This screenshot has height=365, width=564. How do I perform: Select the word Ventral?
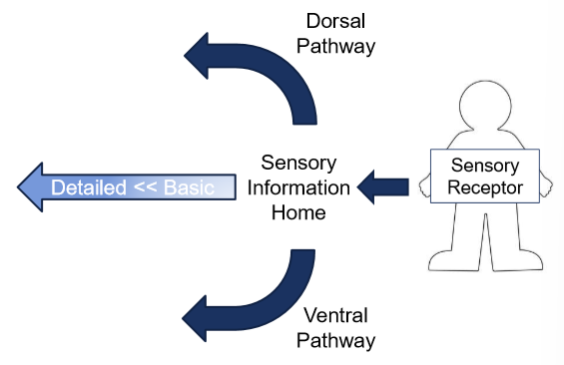[334, 316]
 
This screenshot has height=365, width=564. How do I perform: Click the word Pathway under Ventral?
[339, 340]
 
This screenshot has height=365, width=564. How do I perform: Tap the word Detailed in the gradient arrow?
[89, 187]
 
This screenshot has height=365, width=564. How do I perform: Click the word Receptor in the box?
[484, 186]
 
